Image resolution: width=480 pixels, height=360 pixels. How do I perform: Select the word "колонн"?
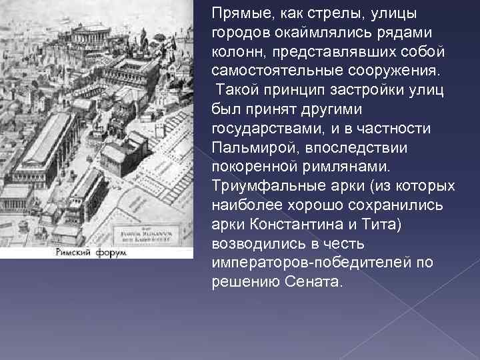coord(234,51)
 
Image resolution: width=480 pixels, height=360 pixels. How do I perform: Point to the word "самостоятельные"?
coord(267,70)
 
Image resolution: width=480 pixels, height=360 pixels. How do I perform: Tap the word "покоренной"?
coord(245,165)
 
